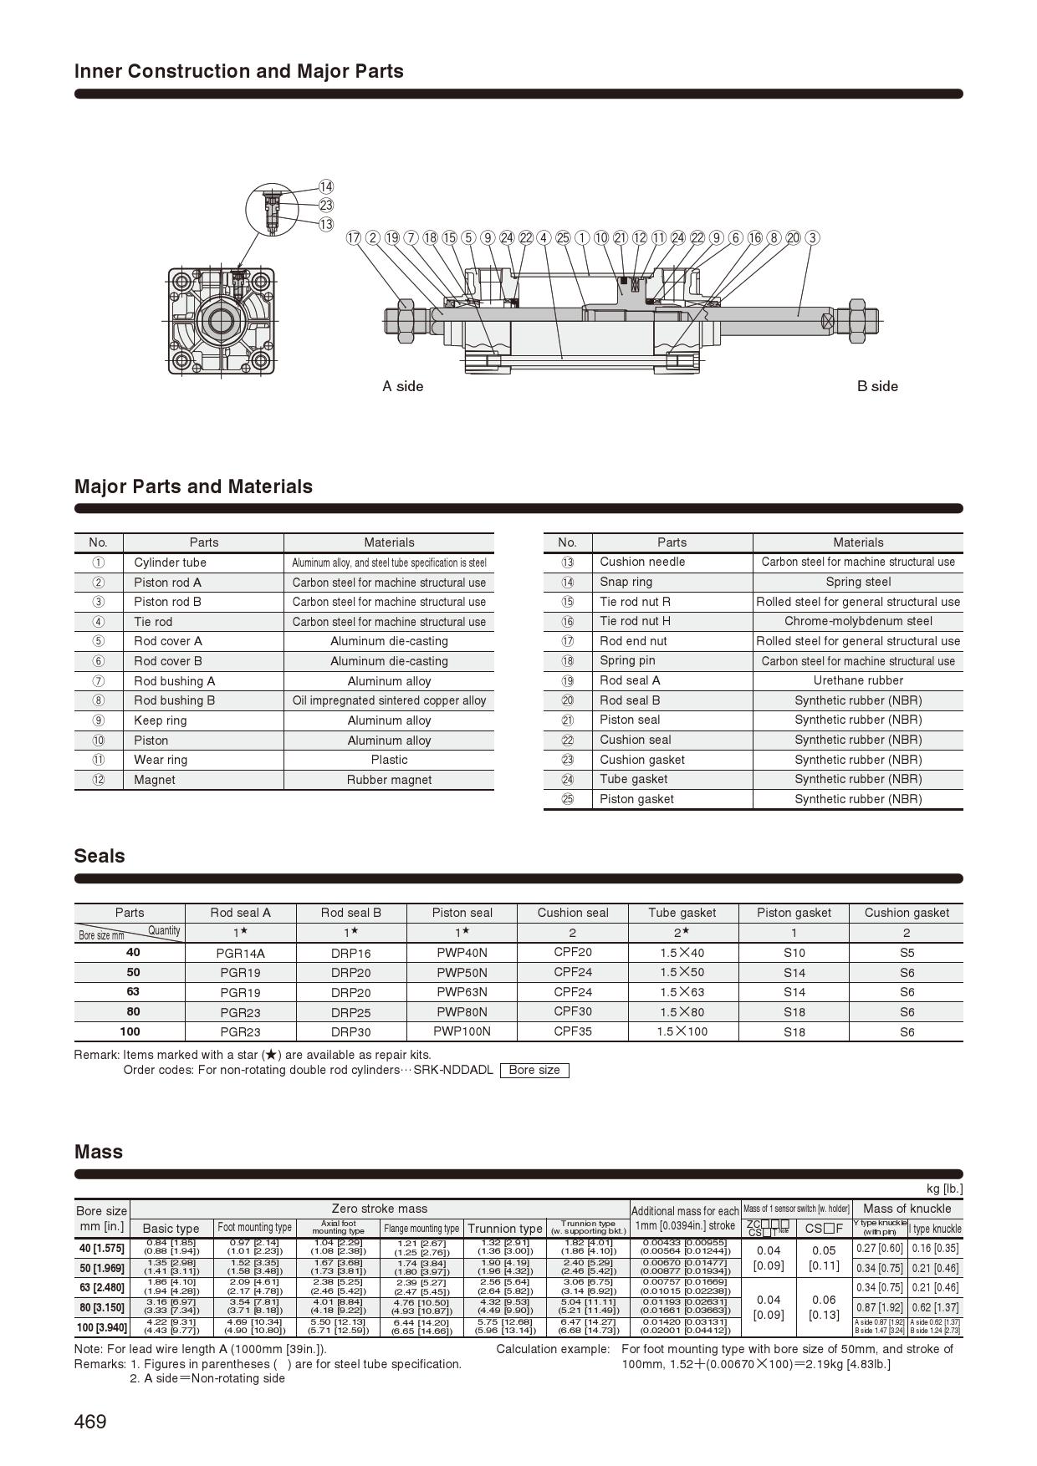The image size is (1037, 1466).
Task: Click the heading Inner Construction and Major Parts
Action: pyautogui.click(x=238, y=71)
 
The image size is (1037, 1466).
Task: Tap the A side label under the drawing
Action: pyautogui.click(x=403, y=386)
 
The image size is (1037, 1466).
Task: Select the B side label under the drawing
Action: pyautogui.click(x=877, y=386)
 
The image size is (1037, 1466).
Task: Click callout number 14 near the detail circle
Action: pyautogui.click(x=325, y=187)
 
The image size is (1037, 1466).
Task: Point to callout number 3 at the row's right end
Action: pyautogui.click(x=812, y=237)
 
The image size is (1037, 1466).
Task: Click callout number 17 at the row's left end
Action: pyautogui.click(x=354, y=237)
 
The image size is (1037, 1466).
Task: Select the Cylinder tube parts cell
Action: pyautogui.click(x=170, y=562)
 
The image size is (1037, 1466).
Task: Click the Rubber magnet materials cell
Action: pyautogui.click(x=389, y=780)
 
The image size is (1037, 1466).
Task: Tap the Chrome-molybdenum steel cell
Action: pyautogui.click(x=858, y=621)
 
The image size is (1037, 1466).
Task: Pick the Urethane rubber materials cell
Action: pyautogui.click(x=858, y=680)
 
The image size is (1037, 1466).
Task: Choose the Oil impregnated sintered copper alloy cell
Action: pyautogui.click(x=389, y=700)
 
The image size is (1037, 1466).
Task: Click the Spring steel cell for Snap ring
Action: pyautogui.click(x=858, y=582)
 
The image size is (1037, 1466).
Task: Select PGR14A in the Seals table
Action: pyautogui.click(x=242, y=953)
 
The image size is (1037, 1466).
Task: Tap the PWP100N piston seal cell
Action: pyautogui.click(x=462, y=1031)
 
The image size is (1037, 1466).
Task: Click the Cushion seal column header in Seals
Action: pyautogui.click(x=573, y=913)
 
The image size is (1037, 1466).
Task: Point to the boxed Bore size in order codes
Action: pyautogui.click(x=534, y=1070)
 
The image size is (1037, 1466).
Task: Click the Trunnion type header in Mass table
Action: pyautogui.click(x=504, y=1228)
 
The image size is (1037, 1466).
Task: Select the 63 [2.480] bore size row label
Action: pyautogui.click(x=101, y=1287)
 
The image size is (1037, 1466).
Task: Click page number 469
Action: pyautogui.click(x=90, y=1421)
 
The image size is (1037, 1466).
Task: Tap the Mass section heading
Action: pyautogui.click(x=99, y=1152)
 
